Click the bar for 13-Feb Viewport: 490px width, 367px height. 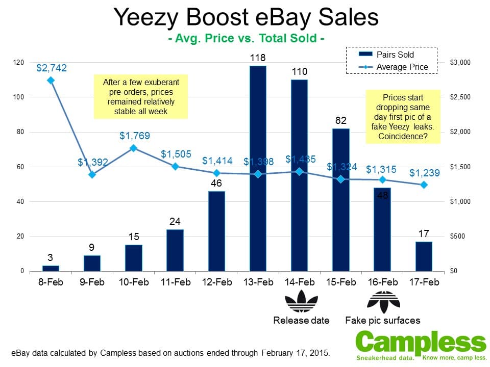click(258, 168)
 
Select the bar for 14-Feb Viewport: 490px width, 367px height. click(299, 175)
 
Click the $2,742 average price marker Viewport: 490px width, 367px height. click(51, 80)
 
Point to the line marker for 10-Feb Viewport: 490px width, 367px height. click(133, 148)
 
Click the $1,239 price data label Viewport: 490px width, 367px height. click(424, 173)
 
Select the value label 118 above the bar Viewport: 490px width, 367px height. click(258, 57)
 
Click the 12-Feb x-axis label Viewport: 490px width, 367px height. click(216, 282)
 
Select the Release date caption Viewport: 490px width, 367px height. click(301, 321)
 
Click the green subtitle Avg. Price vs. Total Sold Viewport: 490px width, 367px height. click(247, 38)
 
